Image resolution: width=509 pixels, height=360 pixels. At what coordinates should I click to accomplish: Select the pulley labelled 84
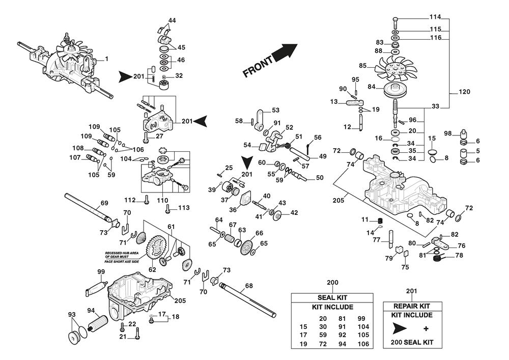coord(395,90)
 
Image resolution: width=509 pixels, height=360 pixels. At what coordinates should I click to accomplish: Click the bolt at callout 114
coord(395,21)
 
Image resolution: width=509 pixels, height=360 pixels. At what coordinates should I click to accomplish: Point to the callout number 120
coord(464,92)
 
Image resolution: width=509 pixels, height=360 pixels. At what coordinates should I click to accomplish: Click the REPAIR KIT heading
coord(412,306)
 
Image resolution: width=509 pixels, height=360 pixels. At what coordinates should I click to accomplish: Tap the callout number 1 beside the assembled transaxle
coord(106,59)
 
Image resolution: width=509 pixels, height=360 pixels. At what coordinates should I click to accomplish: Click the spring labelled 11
coord(379,220)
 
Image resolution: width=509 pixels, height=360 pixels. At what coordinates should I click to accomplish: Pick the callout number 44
coord(172,20)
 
